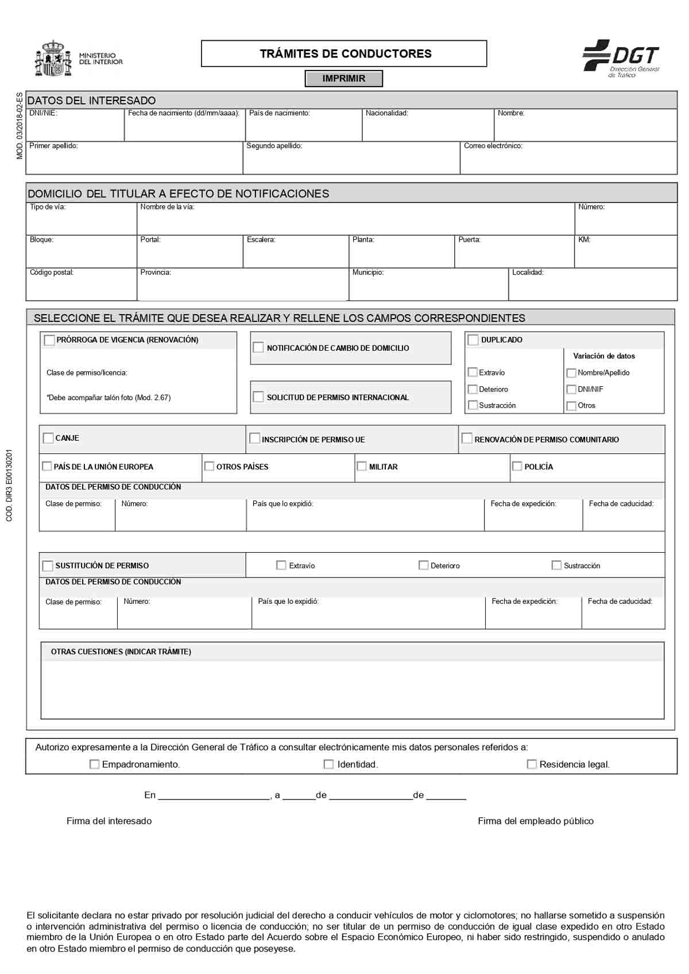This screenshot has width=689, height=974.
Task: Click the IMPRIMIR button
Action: (343, 79)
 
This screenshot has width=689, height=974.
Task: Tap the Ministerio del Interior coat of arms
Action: (54, 59)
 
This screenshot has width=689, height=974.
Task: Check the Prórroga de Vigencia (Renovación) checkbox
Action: (49, 340)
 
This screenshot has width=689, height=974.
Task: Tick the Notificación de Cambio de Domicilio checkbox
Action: (258, 348)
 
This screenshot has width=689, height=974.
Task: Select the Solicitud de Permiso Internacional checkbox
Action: (258, 397)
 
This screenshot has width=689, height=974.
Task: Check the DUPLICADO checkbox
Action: (473, 340)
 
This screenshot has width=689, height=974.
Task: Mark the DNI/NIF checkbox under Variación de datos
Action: (571, 389)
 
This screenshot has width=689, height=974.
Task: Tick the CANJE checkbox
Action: (48, 439)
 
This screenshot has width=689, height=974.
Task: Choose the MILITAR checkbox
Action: (362, 467)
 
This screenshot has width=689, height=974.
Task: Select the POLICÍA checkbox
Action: (517, 467)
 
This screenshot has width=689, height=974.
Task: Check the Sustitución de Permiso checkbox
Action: (48, 566)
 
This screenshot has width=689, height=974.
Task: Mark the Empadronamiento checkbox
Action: (95, 765)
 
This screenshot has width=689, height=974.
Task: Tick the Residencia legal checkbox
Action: (532, 765)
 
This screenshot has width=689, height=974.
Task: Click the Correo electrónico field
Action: (568, 161)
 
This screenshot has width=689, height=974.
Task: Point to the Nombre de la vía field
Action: (356, 222)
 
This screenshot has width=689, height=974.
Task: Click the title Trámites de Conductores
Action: (345, 54)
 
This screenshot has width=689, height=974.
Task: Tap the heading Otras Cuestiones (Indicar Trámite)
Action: (121, 652)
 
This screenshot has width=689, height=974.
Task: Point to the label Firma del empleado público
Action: (536, 821)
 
